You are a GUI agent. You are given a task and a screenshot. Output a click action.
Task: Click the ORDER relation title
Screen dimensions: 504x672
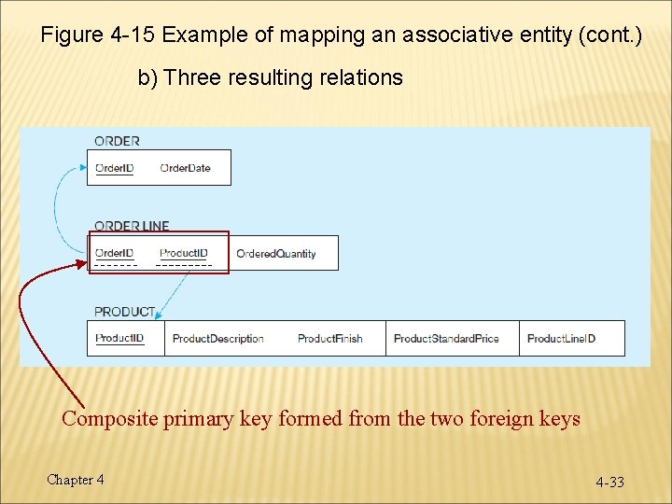[117, 141]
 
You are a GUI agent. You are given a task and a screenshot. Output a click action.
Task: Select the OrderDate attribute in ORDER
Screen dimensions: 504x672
[185, 168]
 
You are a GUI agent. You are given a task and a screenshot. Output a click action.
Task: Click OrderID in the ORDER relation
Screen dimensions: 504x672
[114, 168]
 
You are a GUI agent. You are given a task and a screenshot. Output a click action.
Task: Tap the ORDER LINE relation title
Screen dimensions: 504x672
[132, 226]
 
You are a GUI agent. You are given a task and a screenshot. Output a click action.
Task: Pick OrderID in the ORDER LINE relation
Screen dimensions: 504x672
[114, 253]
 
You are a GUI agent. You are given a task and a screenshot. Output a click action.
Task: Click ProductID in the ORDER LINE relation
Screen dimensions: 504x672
[183, 253]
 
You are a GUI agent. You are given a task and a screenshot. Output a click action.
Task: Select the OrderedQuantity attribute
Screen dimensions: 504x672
[275, 254]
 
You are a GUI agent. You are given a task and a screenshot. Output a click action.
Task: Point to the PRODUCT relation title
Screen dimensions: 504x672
[123, 312]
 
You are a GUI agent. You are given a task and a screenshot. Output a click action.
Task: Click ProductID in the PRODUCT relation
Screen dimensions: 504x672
[119, 338]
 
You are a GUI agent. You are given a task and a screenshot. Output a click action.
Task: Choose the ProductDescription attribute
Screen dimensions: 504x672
[217, 339]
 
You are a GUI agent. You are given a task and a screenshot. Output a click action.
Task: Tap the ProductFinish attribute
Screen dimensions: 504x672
[329, 339]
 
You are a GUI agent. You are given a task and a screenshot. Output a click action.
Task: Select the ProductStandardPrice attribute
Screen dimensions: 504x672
[446, 339]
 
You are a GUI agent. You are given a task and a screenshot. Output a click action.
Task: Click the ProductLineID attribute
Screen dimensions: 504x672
[561, 339]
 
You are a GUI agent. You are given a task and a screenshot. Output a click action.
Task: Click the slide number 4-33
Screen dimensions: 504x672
[610, 483]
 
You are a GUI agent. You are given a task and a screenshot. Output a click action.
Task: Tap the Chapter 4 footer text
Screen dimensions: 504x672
[76, 480]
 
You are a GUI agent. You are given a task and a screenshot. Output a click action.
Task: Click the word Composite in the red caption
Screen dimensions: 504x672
[110, 419]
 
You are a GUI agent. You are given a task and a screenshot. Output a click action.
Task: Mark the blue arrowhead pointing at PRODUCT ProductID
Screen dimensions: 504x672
[158, 317]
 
